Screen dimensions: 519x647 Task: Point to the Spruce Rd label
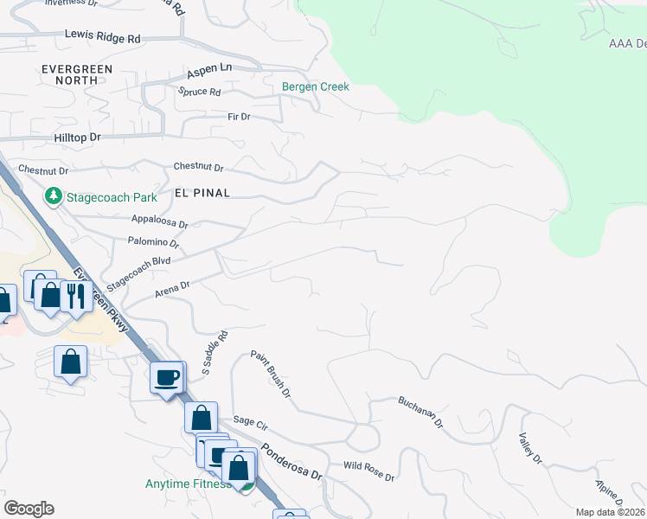tap(199, 92)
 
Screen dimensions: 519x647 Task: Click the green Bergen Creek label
tap(316, 86)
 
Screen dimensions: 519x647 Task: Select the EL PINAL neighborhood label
tap(202, 193)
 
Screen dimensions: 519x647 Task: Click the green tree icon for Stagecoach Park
tap(54, 196)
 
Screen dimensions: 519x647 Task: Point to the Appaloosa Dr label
tap(159, 222)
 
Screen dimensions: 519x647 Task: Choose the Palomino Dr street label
tap(152, 241)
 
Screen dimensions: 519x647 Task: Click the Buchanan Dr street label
tap(420, 412)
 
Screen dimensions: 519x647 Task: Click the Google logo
tap(29, 509)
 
